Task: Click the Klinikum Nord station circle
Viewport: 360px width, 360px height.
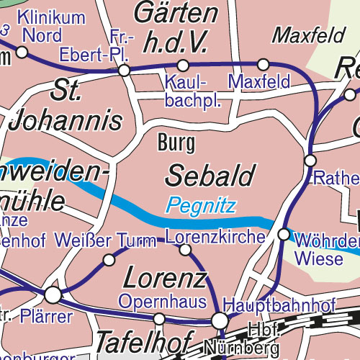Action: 22,53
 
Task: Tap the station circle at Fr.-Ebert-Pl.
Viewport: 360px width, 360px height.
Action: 124,70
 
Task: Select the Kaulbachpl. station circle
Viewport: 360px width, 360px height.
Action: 183,66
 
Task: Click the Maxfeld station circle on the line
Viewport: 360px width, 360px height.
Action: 263,65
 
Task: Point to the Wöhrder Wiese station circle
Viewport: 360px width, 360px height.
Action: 284,234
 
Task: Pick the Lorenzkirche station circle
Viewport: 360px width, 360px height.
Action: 185,250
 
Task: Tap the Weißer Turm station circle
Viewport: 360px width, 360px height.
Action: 109,259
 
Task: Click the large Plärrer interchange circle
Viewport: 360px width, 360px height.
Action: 53,295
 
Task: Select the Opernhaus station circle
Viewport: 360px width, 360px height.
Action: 160,318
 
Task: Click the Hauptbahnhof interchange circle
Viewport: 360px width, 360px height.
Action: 220,320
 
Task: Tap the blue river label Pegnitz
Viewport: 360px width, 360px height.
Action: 201,207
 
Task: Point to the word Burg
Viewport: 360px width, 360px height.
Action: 176,144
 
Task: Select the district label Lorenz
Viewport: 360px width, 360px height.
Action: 161,276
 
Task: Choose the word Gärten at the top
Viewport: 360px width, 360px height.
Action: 176,13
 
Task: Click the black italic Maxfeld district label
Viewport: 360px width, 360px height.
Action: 300,35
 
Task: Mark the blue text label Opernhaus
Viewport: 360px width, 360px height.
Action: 163,301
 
